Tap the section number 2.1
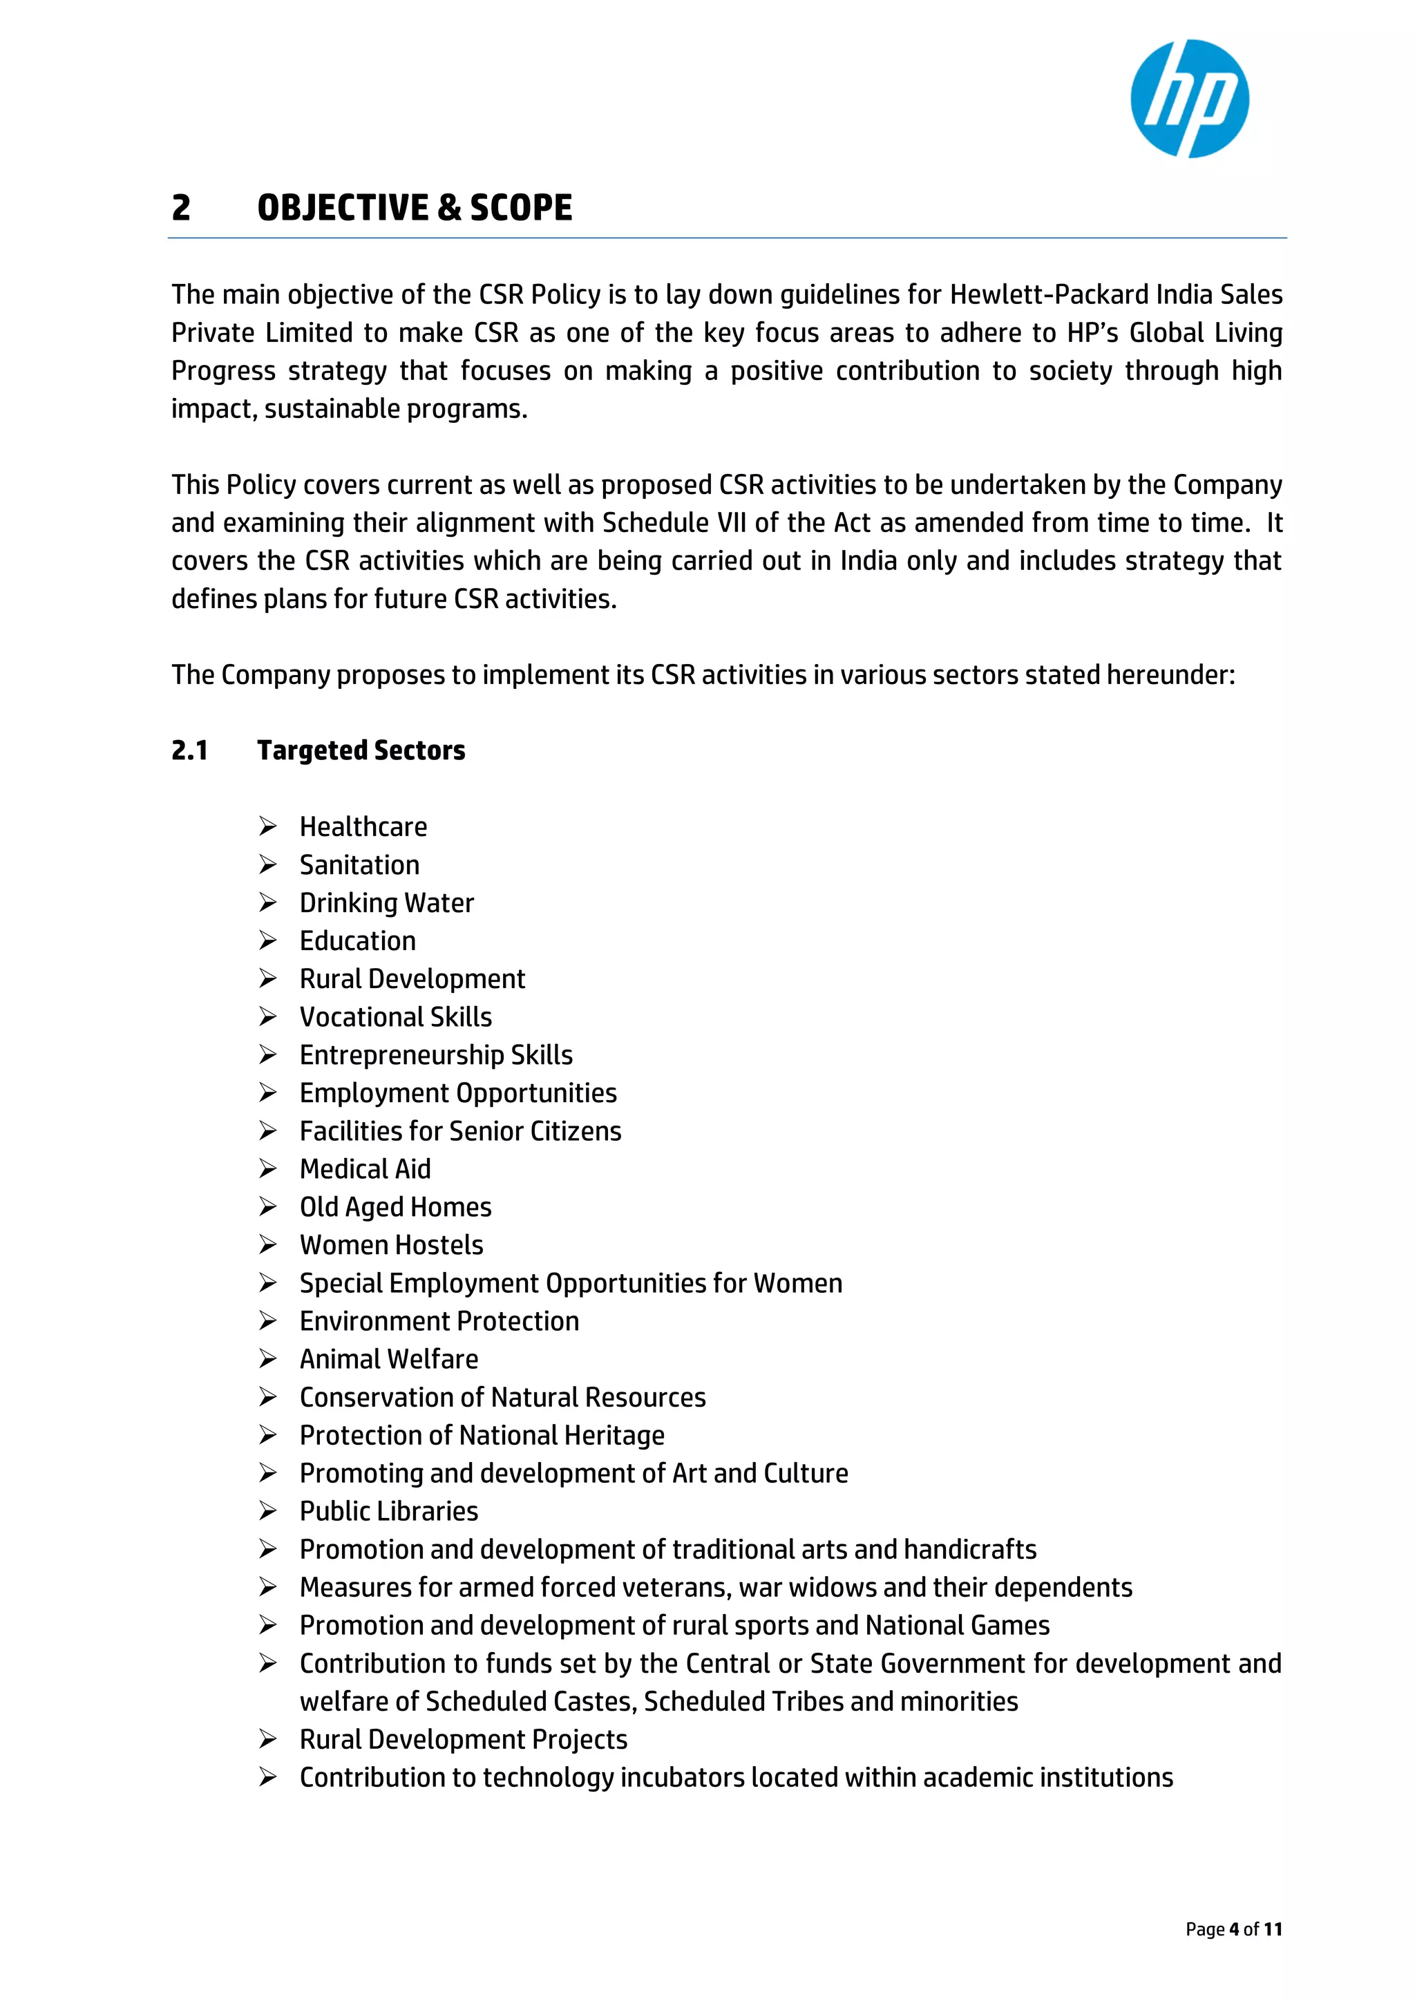189,750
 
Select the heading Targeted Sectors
361,750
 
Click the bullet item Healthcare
363,826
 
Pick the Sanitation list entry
359,864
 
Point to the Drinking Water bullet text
386,903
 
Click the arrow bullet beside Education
267,940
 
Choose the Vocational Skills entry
396,1017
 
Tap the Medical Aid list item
365,1168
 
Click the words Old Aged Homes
396,1207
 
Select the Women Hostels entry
391,1245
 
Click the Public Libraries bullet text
388,1511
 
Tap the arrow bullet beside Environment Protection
267,1321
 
